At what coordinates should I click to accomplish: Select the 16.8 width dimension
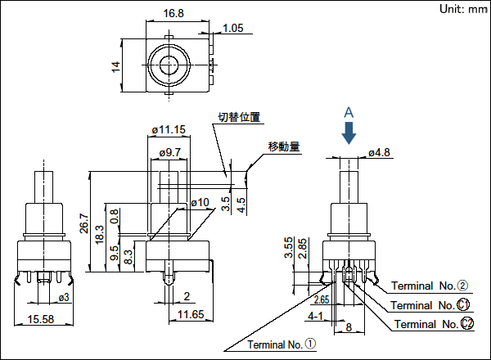coord(167,13)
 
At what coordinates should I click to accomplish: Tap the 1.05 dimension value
coord(233,29)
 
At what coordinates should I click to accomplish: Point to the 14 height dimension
coord(116,66)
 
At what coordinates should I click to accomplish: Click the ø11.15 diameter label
coord(169,129)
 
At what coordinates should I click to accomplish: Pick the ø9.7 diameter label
coord(169,152)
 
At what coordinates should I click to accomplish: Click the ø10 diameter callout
coord(200,202)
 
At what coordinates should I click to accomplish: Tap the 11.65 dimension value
coord(190,314)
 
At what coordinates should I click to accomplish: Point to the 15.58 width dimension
coord(41,319)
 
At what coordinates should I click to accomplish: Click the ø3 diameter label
coord(61,296)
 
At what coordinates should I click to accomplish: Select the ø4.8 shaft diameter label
coord(381,152)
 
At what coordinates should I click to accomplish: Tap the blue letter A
coord(349,111)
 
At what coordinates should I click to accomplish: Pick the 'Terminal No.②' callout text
coord(429,286)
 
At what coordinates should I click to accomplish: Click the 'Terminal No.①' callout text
coord(281,344)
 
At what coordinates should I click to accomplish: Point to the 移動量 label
coord(283,147)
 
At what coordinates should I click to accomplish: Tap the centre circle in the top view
coord(169,65)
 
